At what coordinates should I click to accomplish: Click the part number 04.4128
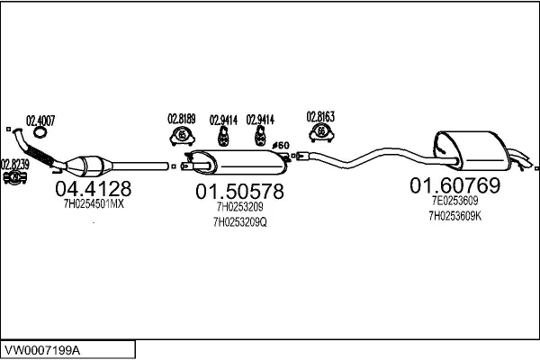(94, 189)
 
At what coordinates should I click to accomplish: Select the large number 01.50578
(239, 191)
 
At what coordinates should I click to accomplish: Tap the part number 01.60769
(454, 185)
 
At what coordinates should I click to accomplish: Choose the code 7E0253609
(456, 202)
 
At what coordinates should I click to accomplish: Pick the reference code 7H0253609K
(455, 216)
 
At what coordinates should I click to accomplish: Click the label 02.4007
(40, 120)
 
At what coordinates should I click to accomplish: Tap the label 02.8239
(15, 165)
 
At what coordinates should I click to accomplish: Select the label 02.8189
(182, 119)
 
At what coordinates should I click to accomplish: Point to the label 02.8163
(320, 116)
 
